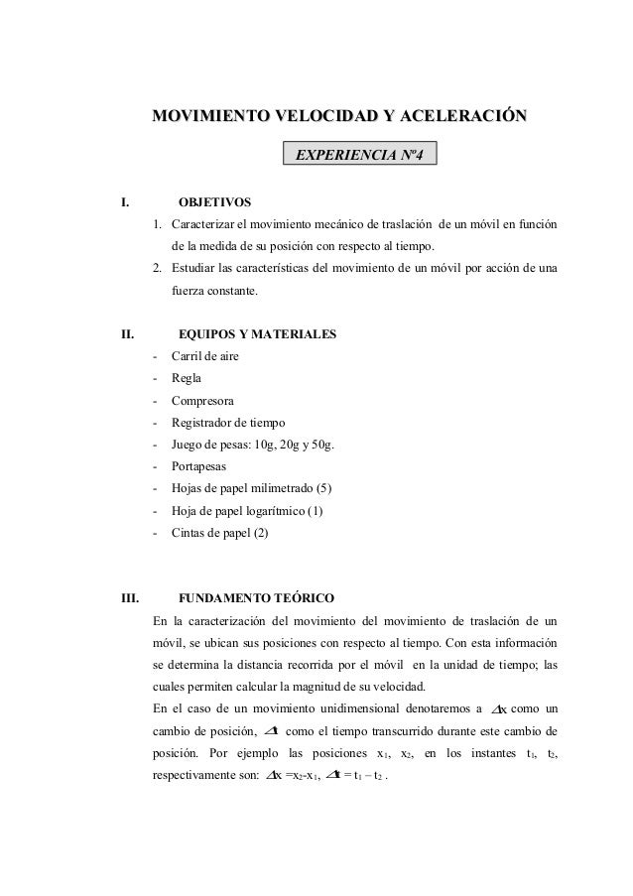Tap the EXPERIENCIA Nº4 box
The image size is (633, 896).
click(358, 155)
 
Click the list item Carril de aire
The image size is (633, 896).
click(204, 356)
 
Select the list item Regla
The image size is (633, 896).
click(186, 378)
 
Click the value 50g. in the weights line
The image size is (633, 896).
click(321, 445)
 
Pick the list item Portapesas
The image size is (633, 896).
click(198, 466)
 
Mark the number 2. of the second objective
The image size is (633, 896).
click(159, 269)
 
